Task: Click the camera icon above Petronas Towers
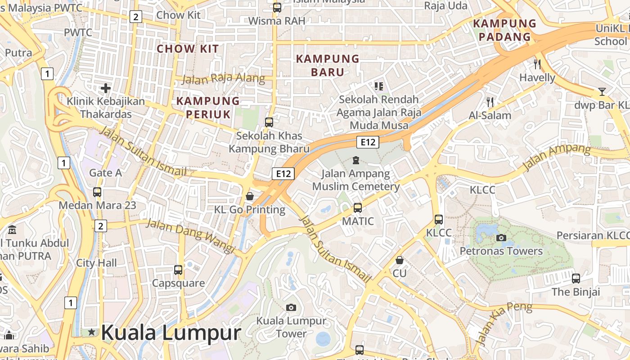coord(501,238)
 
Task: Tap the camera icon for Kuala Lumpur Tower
coord(291,307)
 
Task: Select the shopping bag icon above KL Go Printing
coord(250,196)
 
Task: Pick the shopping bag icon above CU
coord(399,260)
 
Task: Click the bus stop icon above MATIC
coord(358,208)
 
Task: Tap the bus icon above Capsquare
coord(178,270)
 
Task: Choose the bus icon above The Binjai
coord(576,278)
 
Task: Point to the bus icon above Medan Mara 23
coord(97,192)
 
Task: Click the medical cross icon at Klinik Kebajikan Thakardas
coord(106,88)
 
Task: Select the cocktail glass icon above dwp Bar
coord(602,92)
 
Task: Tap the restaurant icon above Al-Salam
coord(490,102)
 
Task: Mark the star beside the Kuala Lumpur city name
coord(92,332)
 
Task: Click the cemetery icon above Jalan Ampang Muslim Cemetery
coord(356,160)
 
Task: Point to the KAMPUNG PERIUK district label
coord(208,108)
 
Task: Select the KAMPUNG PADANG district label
coord(504,30)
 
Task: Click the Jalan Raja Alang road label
coord(223,78)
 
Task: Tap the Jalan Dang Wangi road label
coord(191,235)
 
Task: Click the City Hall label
coord(96,263)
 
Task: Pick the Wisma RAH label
coord(277,21)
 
